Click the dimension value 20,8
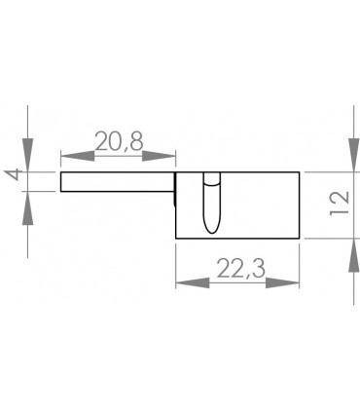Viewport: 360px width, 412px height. point(119,141)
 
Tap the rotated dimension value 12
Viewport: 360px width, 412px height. point(339,206)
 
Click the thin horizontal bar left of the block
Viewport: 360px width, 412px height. point(117,182)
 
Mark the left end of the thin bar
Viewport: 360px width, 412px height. point(61,182)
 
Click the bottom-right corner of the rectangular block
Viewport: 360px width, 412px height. point(297,238)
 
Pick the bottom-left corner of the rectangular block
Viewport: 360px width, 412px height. point(175,238)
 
